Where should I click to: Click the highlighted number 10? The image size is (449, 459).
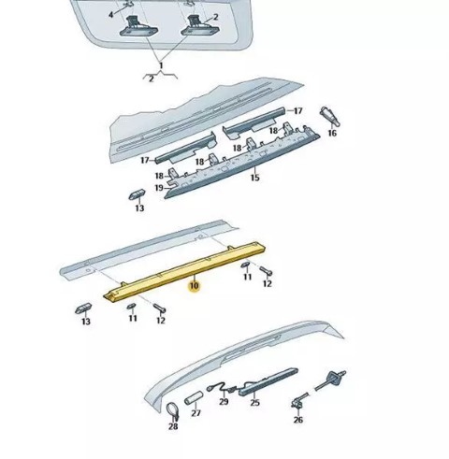point(194,285)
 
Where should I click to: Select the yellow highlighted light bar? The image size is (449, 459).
point(184,272)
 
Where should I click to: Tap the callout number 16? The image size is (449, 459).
point(332,133)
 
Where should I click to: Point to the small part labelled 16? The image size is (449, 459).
point(329,116)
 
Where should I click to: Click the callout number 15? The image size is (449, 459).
point(254,178)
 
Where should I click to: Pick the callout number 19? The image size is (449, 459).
point(159,188)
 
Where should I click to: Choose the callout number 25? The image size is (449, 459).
point(254,403)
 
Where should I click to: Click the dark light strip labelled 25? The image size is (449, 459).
point(268,381)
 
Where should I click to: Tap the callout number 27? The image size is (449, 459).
point(196,413)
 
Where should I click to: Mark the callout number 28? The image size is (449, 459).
point(173,426)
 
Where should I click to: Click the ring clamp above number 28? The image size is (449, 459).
point(172,410)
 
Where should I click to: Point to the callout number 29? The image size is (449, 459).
point(224,402)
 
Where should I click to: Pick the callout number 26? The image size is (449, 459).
point(298,420)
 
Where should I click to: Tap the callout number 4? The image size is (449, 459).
point(111,15)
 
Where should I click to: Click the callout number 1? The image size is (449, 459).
point(161,65)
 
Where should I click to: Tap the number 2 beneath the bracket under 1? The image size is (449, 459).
point(152,79)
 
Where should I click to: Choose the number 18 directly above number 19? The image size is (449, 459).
point(159,176)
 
